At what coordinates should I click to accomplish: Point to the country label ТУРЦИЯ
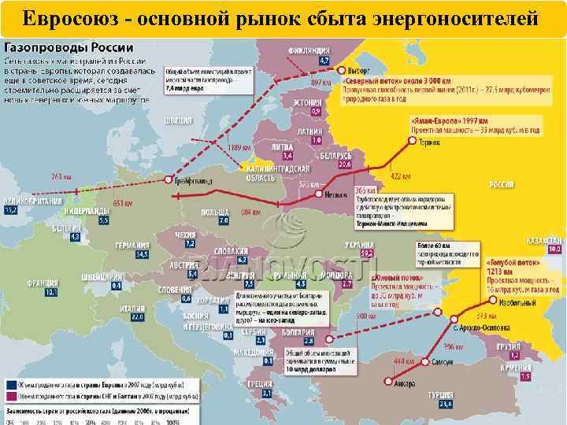tap(440, 394)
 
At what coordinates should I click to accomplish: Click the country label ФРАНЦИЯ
tap(42, 283)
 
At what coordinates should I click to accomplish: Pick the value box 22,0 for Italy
tap(138, 317)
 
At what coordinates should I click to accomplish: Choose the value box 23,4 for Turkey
tap(446, 404)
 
